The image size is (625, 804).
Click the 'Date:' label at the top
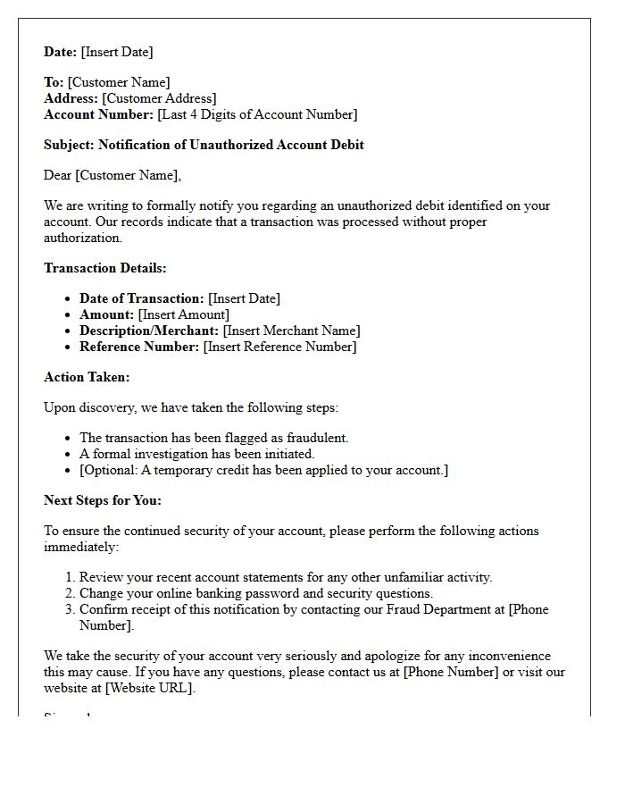click(61, 52)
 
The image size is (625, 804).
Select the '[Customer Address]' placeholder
click(159, 98)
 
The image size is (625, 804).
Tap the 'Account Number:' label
click(98, 114)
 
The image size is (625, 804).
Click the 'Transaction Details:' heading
click(105, 268)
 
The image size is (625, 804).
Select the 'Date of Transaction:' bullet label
click(142, 298)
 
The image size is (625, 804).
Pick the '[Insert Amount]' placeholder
click(184, 314)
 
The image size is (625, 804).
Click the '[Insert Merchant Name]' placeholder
click(292, 331)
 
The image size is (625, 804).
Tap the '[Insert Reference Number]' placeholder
click(279, 347)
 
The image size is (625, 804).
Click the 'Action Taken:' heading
click(87, 377)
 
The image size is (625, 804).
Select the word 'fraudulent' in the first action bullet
click(315, 438)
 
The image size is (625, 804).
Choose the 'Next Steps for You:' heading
click(103, 500)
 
